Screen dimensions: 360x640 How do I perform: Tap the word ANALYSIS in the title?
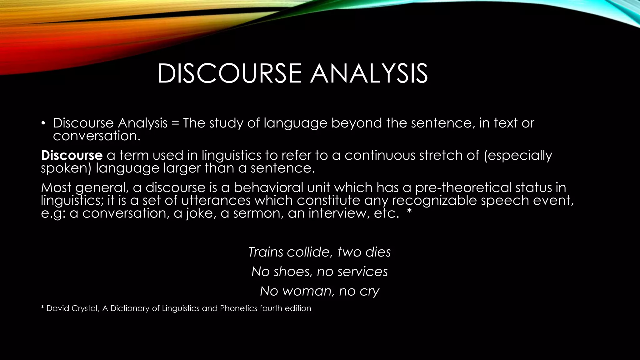coord(369,74)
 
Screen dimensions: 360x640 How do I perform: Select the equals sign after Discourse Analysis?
coord(175,123)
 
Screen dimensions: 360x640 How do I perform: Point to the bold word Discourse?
coord(72,156)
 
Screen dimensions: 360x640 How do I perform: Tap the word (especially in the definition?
coord(518,156)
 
